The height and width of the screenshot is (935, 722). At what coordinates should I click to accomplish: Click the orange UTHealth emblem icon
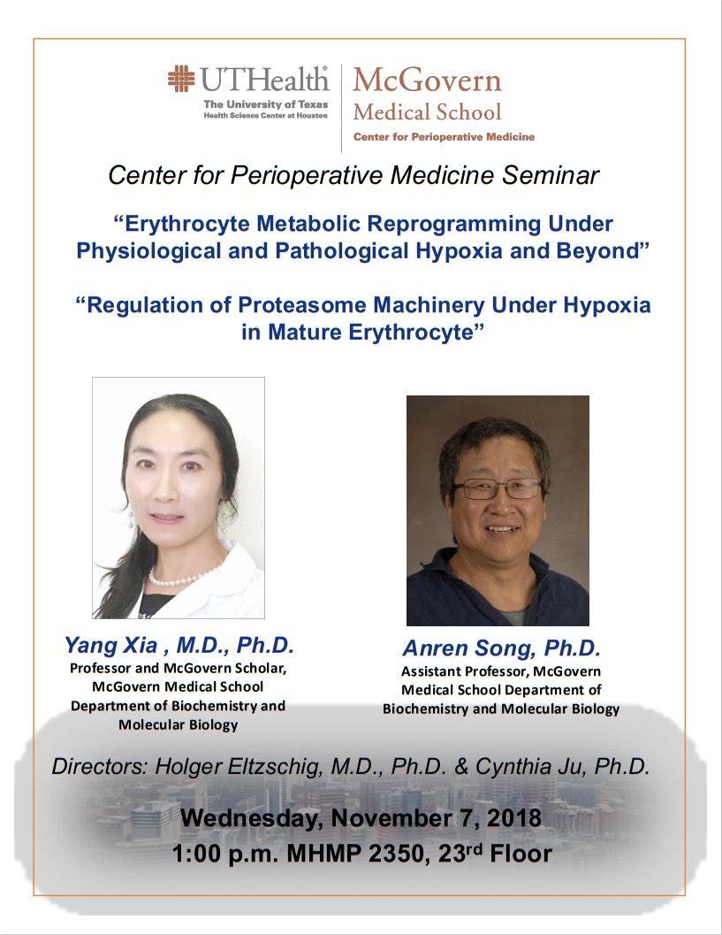click(x=181, y=78)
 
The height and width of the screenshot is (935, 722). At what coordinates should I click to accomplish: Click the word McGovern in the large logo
click(x=427, y=80)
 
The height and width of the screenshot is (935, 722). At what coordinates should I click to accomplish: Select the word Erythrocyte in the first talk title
click(x=187, y=224)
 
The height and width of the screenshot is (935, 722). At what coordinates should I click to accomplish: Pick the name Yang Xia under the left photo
click(x=111, y=645)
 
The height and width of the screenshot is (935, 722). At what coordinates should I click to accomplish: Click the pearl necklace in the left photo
click(x=183, y=577)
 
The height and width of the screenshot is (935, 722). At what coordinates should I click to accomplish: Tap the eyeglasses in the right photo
click(x=498, y=489)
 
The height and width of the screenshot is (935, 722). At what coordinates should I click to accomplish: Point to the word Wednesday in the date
click(x=251, y=818)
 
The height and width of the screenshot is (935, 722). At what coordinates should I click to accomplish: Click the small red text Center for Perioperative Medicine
click(x=444, y=137)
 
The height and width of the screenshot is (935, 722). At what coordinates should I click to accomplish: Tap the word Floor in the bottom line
click(x=521, y=854)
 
